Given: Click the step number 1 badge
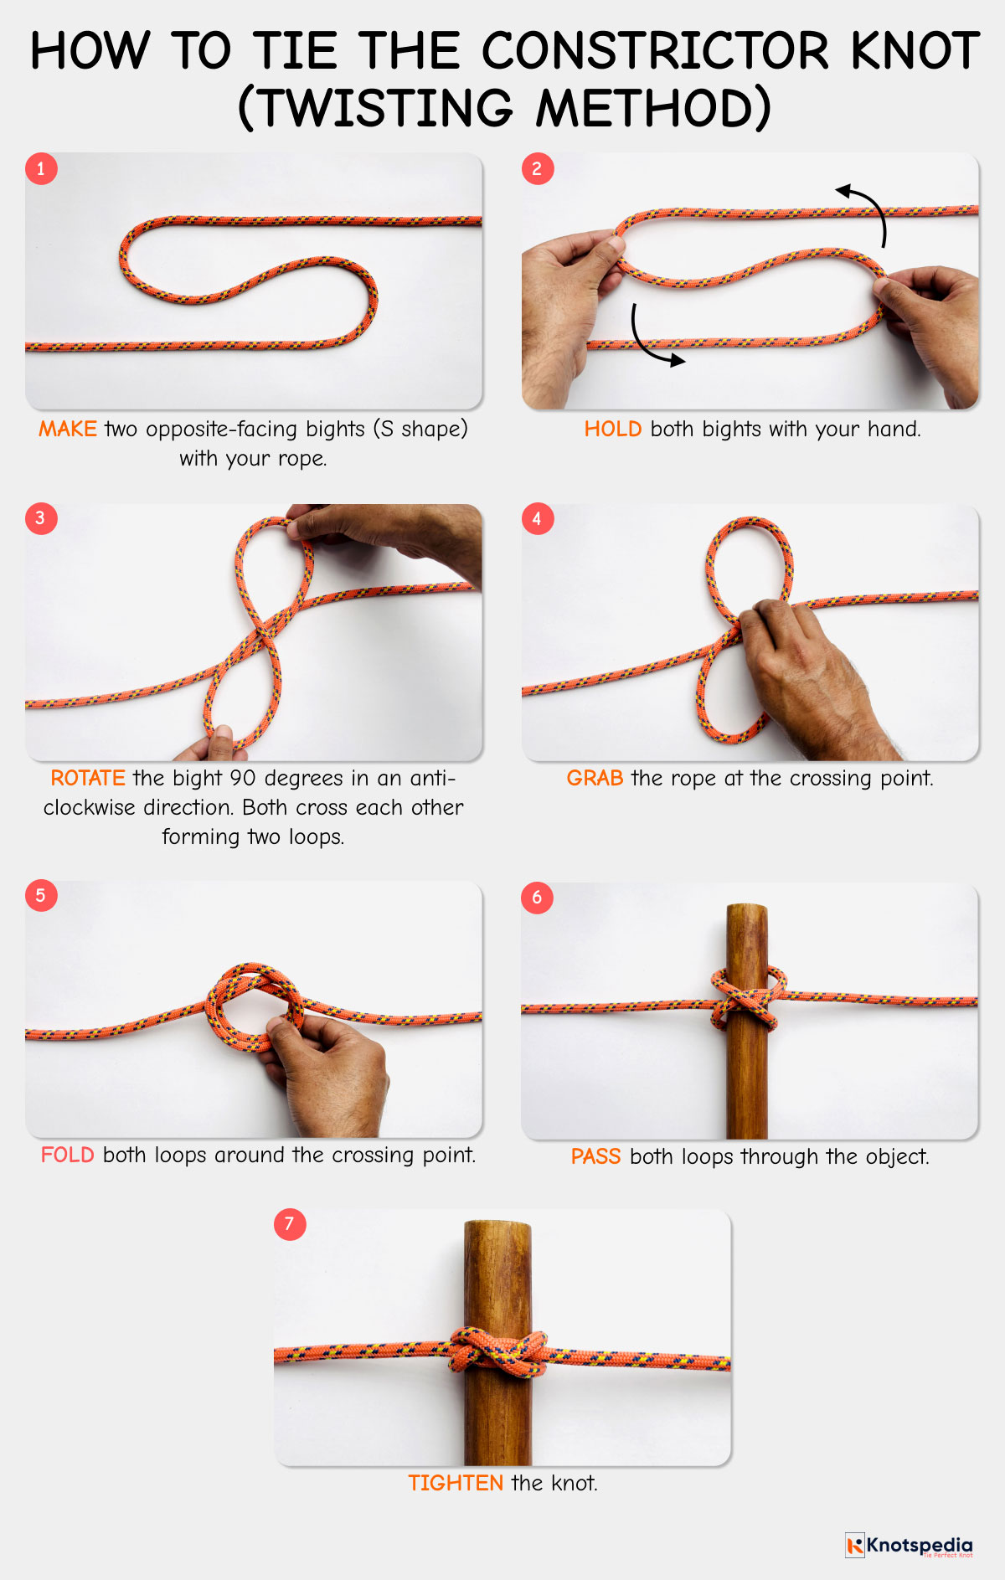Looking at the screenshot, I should (40, 168).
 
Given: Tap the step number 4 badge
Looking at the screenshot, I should (537, 518).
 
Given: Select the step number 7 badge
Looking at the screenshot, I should (290, 1224).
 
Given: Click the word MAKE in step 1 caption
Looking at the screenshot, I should (67, 429).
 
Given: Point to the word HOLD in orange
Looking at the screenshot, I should (612, 429).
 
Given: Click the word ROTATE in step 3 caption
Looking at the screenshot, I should (87, 778).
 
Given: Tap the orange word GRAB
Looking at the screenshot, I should (595, 778).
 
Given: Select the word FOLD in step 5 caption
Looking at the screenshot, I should (67, 1155).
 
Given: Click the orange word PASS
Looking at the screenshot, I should (595, 1156).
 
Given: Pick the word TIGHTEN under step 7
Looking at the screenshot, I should (455, 1483).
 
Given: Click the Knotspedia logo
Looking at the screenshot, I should (909, 1546).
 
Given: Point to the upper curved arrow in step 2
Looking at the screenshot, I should (866, 209).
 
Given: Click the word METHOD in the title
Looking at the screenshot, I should (652, 109).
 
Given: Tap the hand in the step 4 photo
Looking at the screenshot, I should (804, 670).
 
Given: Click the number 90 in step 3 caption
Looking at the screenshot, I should (242, 778).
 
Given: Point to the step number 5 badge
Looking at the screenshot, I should (40, 895).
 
